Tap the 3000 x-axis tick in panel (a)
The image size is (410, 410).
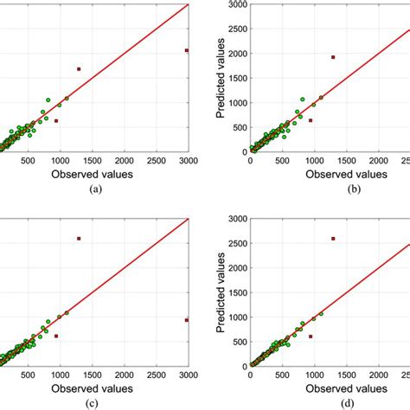[x=188, y=161]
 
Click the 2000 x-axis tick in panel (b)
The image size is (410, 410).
[x=376, y=161]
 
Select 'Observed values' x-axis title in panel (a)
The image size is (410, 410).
[x=95, y=174]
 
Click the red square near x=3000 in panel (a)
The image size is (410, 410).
[x=187, y=51]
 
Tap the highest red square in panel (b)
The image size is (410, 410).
[x=332, y=57]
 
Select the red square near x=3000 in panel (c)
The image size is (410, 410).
[x=187, y=320]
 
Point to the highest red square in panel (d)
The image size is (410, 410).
[x=332, y=238]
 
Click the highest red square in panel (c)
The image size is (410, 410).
[x=79, y=238]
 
